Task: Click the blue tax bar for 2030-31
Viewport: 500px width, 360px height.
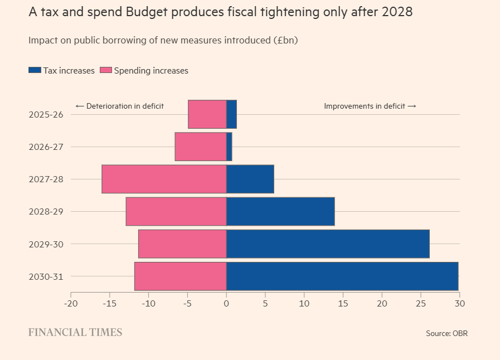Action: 342,276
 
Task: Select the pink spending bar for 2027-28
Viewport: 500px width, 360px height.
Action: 164,179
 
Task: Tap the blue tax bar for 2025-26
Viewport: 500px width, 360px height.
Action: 231,114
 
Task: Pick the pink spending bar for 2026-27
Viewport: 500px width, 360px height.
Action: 201,147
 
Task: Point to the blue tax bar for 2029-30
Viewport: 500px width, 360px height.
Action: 328,244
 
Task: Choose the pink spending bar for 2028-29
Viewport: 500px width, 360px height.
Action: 176,212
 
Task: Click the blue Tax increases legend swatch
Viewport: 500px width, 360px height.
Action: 35,71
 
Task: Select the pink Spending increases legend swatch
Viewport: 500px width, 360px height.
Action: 105,71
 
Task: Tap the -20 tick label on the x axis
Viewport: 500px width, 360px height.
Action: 71,304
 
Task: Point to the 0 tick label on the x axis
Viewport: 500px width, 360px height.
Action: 226,304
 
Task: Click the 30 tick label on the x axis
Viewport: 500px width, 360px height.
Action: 459,304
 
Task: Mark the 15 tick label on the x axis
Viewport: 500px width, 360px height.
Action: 343,304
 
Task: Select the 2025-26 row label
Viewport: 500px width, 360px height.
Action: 46,115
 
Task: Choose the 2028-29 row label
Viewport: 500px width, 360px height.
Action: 46,212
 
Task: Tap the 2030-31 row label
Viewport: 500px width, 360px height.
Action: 46,277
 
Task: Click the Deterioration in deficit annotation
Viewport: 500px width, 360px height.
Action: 119,106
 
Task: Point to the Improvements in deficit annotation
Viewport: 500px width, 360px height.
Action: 370,106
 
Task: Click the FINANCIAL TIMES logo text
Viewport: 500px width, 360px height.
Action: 75,333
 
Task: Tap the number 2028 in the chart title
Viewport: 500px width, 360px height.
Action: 396,12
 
